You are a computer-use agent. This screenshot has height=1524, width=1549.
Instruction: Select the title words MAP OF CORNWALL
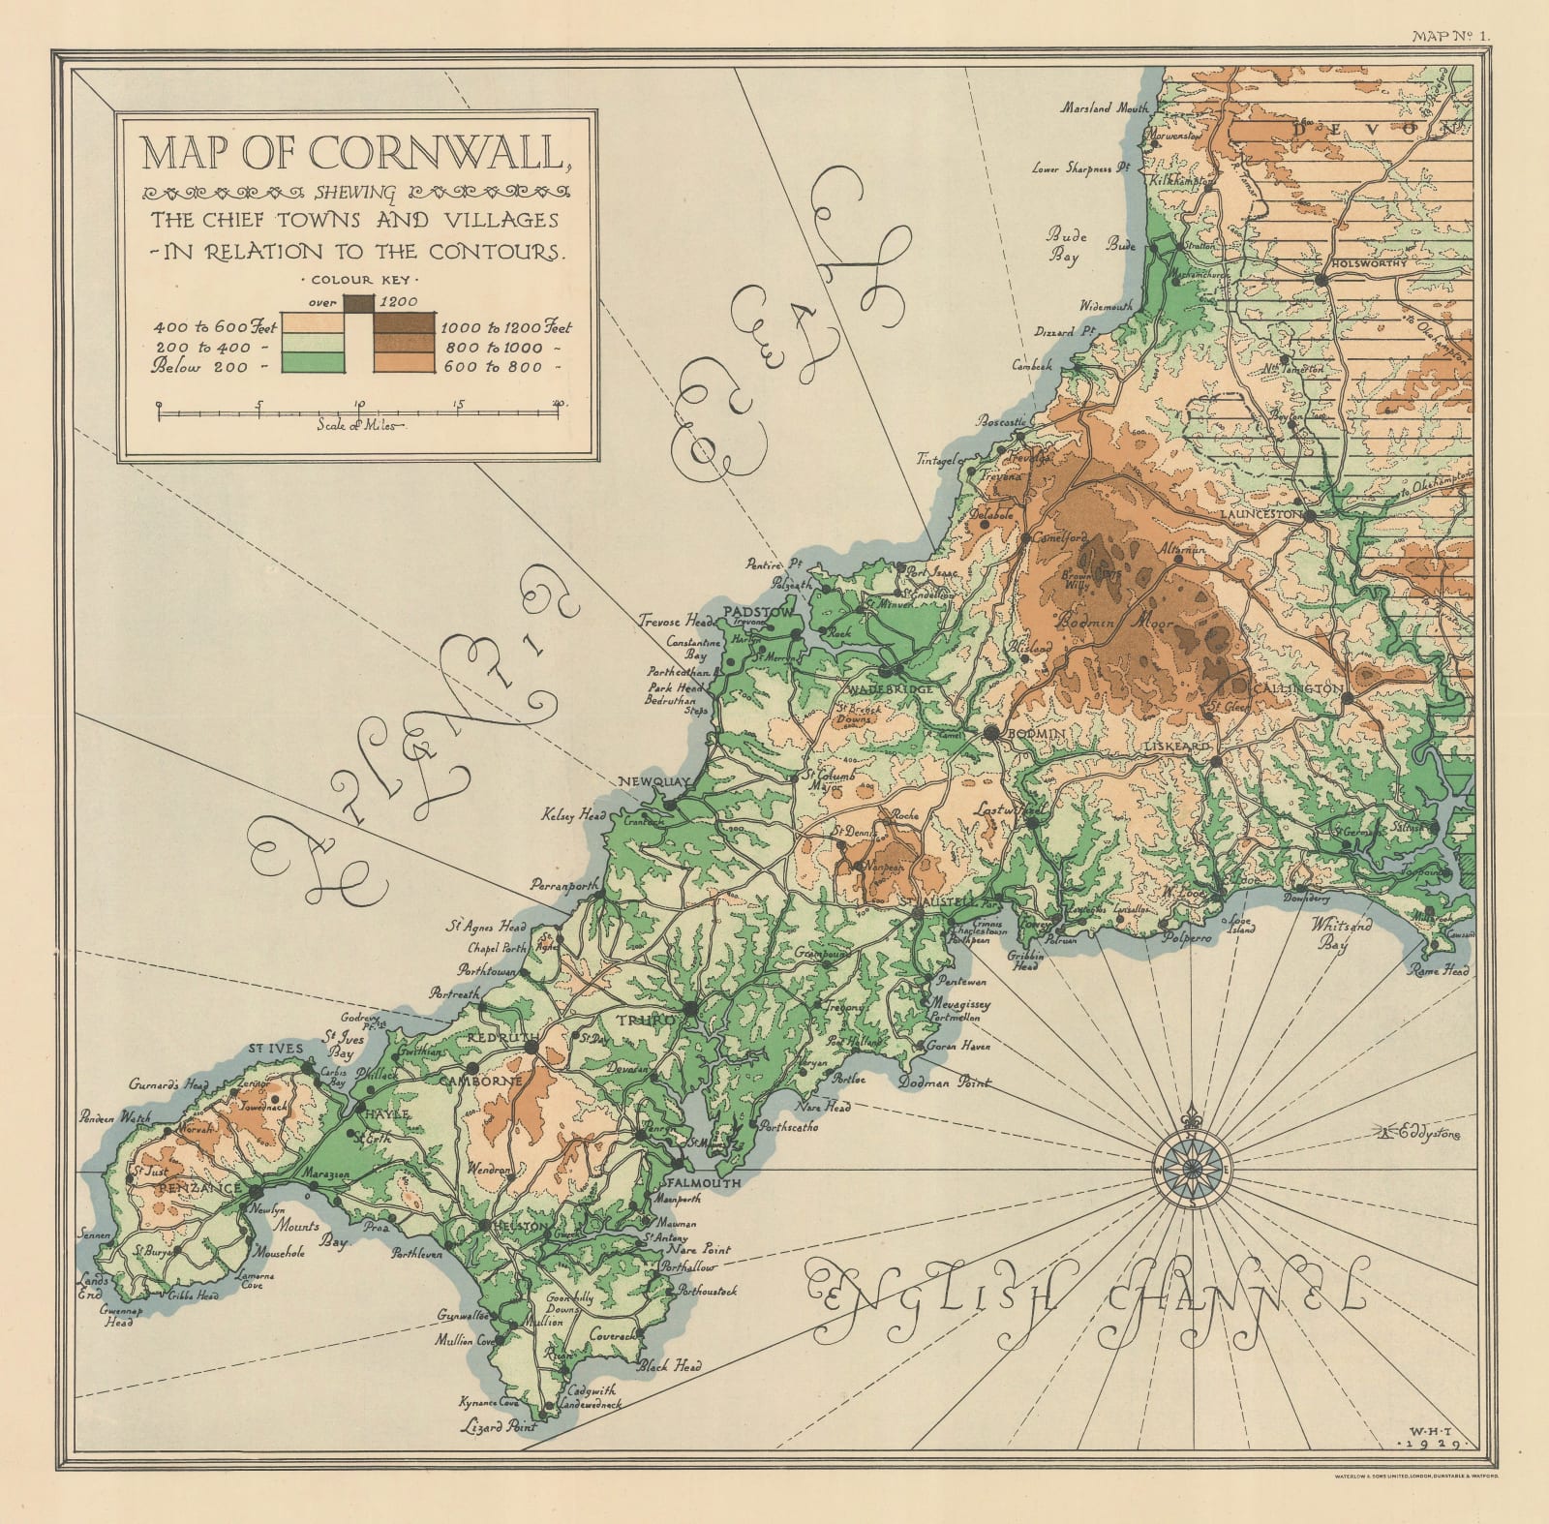(x=352, y=153)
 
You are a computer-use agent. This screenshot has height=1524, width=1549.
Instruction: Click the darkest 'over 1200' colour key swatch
(x=358, y=302)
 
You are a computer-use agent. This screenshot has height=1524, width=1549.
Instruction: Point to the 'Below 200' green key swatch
(x=313, y=365)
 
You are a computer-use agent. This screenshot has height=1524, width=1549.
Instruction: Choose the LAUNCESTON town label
(x=1260, y=516)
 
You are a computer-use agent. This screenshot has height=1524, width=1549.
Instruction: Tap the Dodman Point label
(x=945, y=1082)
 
